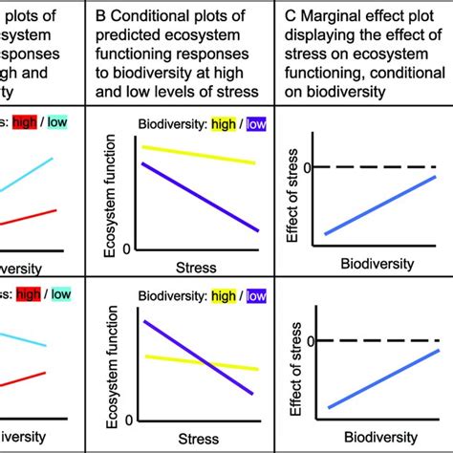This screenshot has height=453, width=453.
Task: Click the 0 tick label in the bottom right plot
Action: [x=308, y=341]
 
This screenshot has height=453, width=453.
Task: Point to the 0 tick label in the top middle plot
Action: [x=128, y=246]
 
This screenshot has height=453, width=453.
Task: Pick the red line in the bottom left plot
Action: [x=29, y=378]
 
